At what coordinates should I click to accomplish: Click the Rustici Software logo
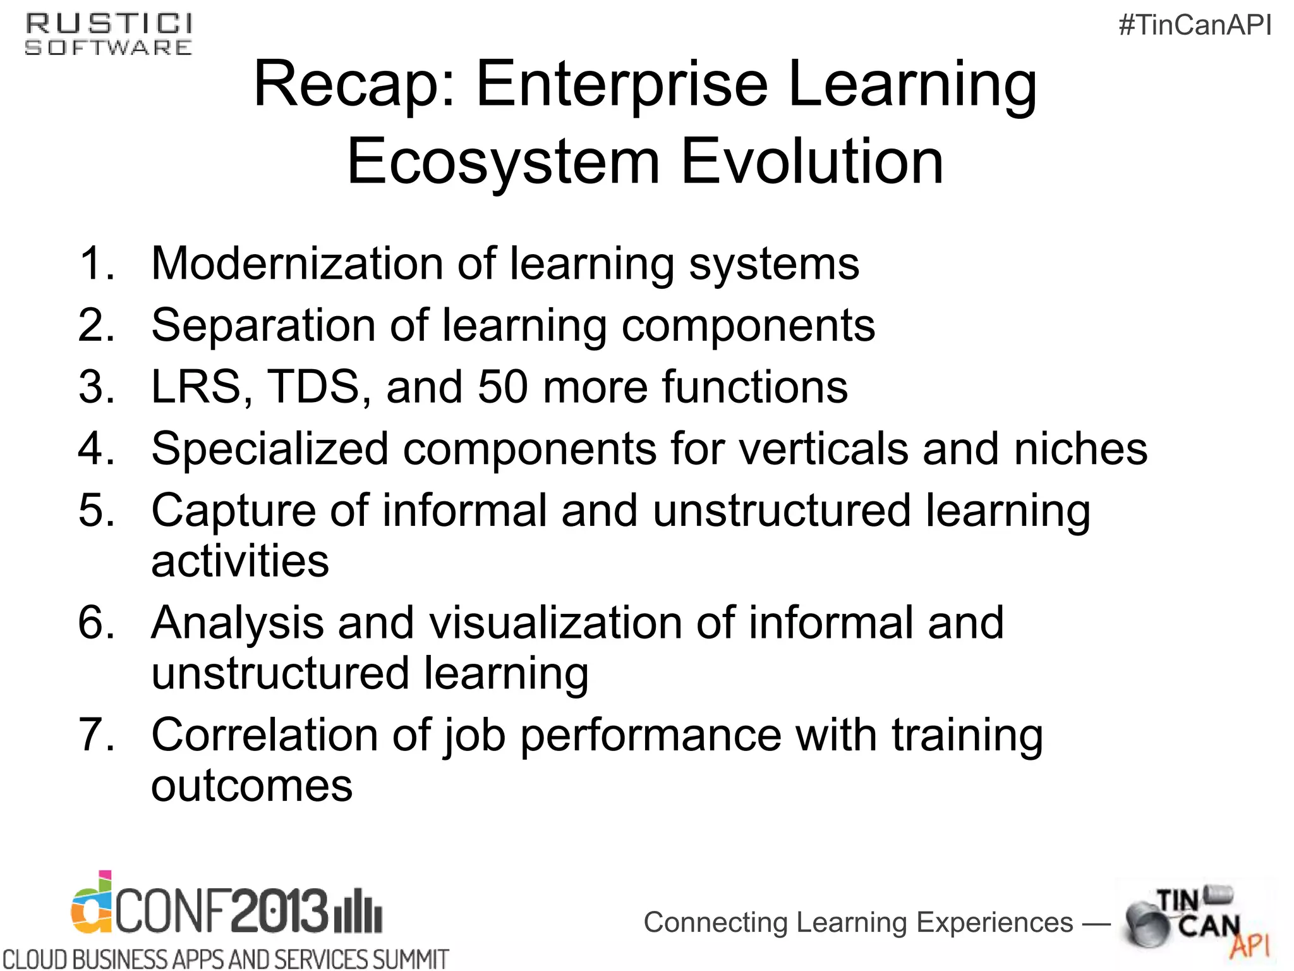coord(109,35)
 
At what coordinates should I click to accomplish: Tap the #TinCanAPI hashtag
coord(1195,25)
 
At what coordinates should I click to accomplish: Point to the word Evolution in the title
coord(813,162)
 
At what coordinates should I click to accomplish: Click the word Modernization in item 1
coord(297,264)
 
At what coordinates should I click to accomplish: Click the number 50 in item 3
coord(503,387)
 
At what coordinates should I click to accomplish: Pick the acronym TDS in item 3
coord(314,387)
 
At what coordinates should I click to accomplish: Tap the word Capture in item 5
coord(233,511)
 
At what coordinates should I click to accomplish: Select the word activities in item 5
coord(240,561)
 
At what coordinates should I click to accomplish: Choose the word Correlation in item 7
coord(265,735)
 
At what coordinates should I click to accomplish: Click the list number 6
coord(96,623)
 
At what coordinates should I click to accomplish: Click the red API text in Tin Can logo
coord(1249,946)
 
